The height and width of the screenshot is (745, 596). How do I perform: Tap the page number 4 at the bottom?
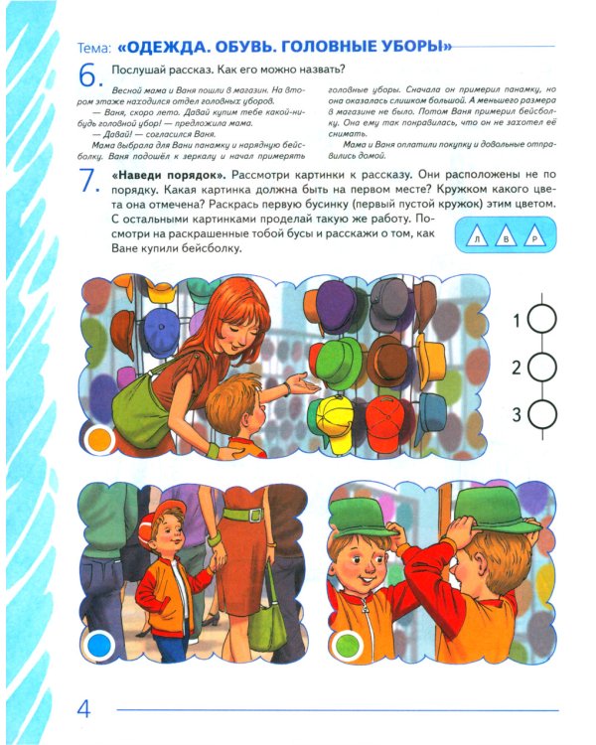(84, 709)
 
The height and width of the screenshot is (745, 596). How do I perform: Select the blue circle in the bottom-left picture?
(101, 645)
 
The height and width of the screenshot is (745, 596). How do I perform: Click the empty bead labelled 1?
(542, 320)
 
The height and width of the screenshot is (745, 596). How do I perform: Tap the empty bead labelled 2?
(542, 368)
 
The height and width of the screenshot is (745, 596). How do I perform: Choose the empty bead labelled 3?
(542, 413)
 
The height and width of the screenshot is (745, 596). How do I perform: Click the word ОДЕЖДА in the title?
(178, 47)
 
